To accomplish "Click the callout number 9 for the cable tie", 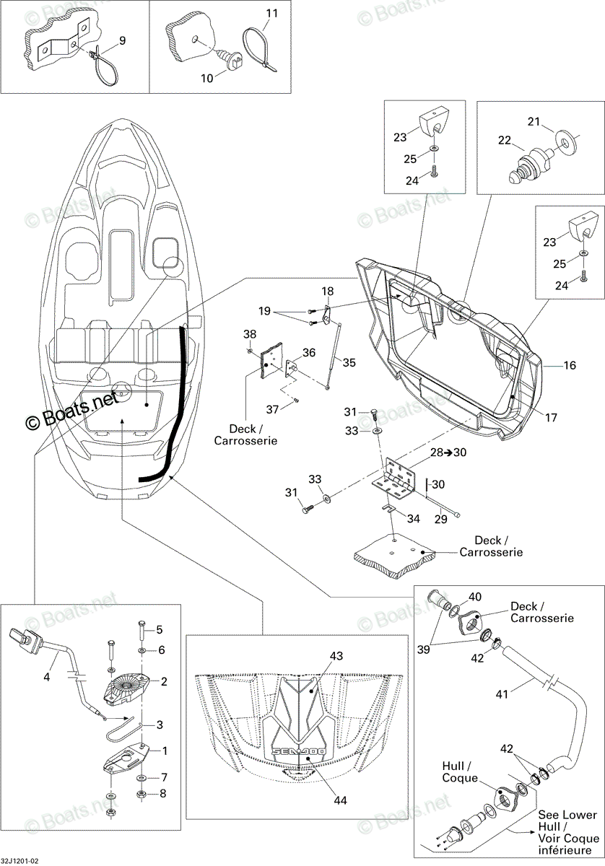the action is tap(122, 40).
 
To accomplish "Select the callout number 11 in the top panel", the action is tap(272, 13).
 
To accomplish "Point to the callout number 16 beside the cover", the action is tap(570, 365).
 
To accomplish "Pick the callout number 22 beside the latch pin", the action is tap(505, 140).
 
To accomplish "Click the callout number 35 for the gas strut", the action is tap(349, 362).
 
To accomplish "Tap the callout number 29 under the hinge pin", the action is tap(440, 519).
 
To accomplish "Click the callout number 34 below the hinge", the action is tap(414, 518).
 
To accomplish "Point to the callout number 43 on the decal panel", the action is tap(336, 656).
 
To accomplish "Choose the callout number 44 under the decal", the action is tap(340, 797).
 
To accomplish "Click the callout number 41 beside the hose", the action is tap(502, 694).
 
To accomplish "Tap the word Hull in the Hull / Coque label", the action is tap(453, 766).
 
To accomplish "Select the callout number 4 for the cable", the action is tap(46, 677).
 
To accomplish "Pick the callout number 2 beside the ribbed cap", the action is tap(164, 681).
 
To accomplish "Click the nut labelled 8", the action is tap(142, 795).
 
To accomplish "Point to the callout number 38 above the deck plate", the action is tap(250, 333).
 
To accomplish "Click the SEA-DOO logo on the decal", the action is tap(298, 751).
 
